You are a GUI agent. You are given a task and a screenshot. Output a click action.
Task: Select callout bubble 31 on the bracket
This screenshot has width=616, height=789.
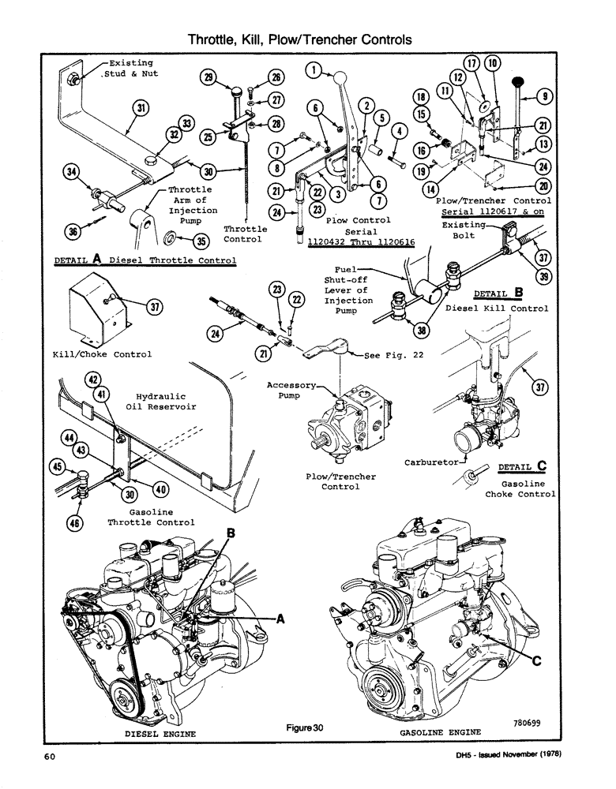pyautogui.click(x=140, y=108)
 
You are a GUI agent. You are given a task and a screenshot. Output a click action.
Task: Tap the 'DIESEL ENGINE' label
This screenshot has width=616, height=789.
pyautogui.click(x=161, y=734)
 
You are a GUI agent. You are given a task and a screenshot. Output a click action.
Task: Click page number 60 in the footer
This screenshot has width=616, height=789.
pyautogui.click(x=49, y=757)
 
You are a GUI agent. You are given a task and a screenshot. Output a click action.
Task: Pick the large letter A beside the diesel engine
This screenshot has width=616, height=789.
pyautogui.click(x=280, y=620)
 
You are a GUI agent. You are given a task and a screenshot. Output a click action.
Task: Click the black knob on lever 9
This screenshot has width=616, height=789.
pyautogui.click(x=518, y=81)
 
